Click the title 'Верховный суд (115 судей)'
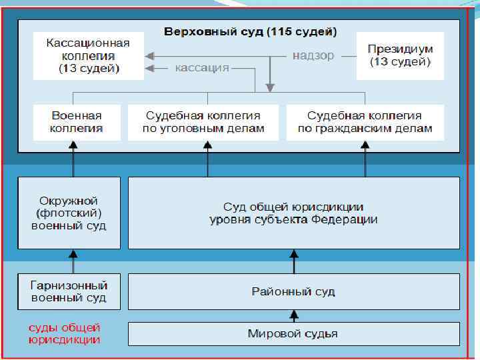pos(251,32)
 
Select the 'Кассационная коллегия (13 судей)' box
pos(89,56)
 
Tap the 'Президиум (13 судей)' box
pos(400,56)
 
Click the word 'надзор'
pos(313,55)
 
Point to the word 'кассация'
pos(202,67)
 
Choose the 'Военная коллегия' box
pos(77,122)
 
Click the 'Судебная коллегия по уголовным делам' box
pos(204,122)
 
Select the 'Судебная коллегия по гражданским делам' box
pos(365,122)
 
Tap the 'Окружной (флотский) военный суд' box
pos(69,213)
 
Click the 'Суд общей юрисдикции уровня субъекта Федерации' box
pos(293,213)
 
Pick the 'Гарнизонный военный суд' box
pos(69,291)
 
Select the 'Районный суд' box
pos(293,291)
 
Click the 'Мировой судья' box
pos(293,333)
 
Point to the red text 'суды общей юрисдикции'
pos(65,333)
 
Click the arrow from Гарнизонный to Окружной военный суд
pos(73,261)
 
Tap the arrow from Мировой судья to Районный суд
pos(293,315)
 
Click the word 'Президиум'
pos(400,49)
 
